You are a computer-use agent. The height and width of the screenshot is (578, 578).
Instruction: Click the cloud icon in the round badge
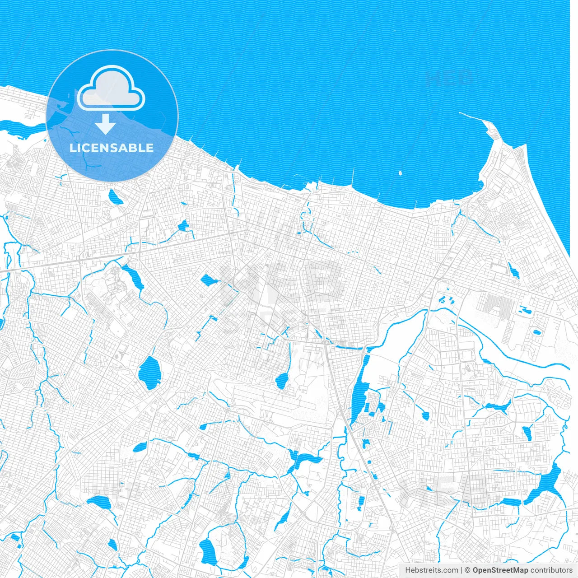pyautogui.click(x=111, y=88)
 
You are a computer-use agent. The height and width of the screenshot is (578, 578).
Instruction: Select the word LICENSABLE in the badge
pyautogui.click(x=112, y=148)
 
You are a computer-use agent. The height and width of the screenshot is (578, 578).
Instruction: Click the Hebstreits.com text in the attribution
pyautogui.click(x=431, y=570)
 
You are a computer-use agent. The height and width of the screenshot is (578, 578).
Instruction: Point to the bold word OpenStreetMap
pyautogui.click(x=500, y=570)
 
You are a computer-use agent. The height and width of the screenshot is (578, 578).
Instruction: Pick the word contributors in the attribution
pyautogui.click(x=551, y=570)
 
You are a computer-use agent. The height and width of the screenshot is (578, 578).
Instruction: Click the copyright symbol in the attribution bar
pyautogui.click(x=468, y=570)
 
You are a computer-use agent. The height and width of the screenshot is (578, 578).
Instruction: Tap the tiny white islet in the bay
pyautogui.click(x=400, y=172)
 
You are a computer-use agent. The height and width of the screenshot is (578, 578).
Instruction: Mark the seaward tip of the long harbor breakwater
pyautogui.click(x=460, y=112)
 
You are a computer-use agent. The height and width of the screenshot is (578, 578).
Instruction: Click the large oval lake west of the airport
pyautogui.click(x=149, y=373)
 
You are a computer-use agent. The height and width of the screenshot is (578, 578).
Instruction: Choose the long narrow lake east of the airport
pyautogui.click(x=360, y=391)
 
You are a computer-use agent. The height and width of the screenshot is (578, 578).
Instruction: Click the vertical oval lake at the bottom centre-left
pyautogui.click(x=208, y=552)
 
